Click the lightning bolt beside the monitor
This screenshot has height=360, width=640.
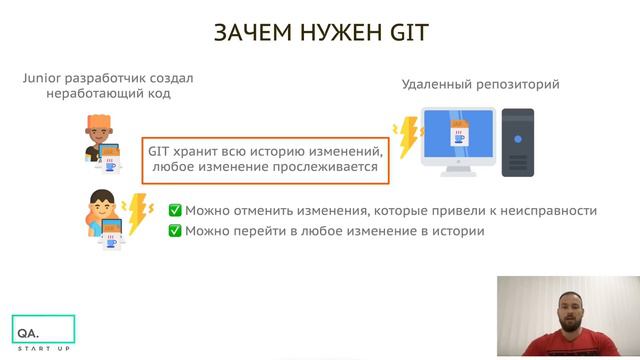[x=406, y=139]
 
